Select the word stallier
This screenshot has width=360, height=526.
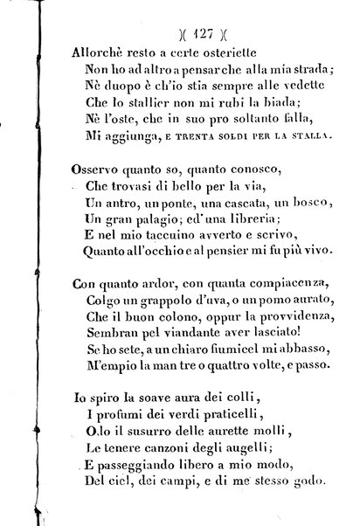tap(128, 102)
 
